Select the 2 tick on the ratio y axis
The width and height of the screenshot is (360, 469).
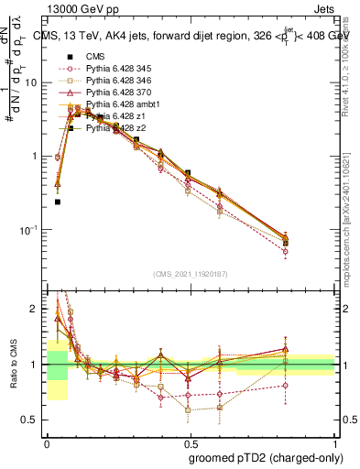click(x=37, y=309)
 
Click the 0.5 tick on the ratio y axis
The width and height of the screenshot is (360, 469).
click(x=34, y=420)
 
